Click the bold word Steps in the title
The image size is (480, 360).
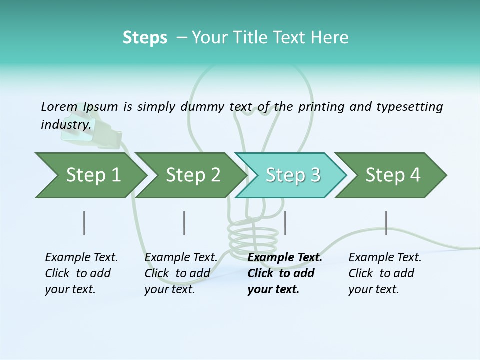[x=145, y=38]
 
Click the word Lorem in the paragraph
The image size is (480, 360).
[x=59, y=106]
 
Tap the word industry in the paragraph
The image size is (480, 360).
[x=65, y=124]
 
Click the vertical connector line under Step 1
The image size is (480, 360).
[x=84, y=223]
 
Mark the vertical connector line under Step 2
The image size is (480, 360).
[x=184, y=223]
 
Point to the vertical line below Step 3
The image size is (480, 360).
[x=285, y=223]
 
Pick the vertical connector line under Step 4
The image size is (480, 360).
[x=386, y=223]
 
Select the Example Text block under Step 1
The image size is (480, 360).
[x=81, y=273]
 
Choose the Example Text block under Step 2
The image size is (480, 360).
[x=181, y=273]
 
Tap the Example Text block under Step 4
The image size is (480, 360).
[x=385, y=273]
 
